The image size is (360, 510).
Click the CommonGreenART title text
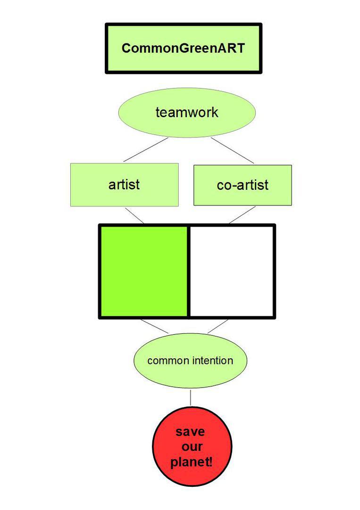click(183, 48)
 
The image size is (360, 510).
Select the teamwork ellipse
click(187, 112)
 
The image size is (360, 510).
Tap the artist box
click(125, 185)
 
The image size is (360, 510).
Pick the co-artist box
click(243, 186)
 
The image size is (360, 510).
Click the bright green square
click(144, 271)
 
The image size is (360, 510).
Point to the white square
click(231, 271)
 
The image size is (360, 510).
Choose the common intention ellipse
click(191, 360)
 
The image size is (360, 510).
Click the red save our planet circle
click(192, 446)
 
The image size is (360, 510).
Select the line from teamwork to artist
click(146, 150)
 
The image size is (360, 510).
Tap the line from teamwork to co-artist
click(232, 150)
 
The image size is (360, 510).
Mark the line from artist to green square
click(134, 215)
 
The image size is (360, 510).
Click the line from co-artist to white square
click(242, 215)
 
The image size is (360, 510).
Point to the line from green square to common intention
click(154, 326)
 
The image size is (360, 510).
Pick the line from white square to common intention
click(218, 326)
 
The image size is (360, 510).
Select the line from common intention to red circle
click(191, 398)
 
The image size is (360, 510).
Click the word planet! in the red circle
click(192, 462)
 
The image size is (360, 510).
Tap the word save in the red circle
click(191, 432)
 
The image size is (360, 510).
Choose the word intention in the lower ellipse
click(212, 360)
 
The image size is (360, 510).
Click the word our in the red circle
click(192, 447)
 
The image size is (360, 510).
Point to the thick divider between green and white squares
click(188, 271)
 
